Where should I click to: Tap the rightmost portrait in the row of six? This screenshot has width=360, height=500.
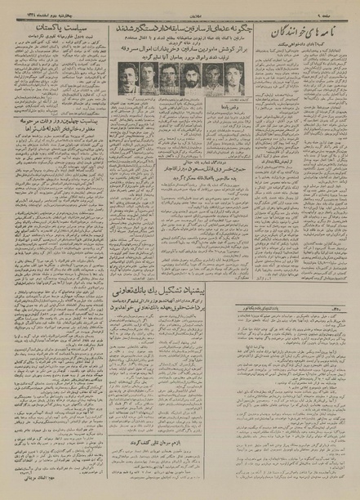[x=235, y=79]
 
